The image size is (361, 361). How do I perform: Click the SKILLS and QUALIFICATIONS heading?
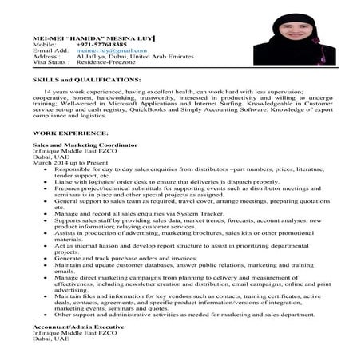[75, 81]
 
